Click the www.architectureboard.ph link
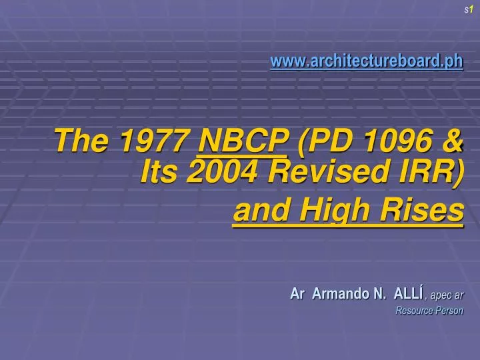click(x=366, y=61)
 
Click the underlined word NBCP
click(x=245, y=141)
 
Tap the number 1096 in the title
click(x=387, y=141)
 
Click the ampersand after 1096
click(x=451, y=141)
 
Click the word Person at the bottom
click(x=450, y=311)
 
